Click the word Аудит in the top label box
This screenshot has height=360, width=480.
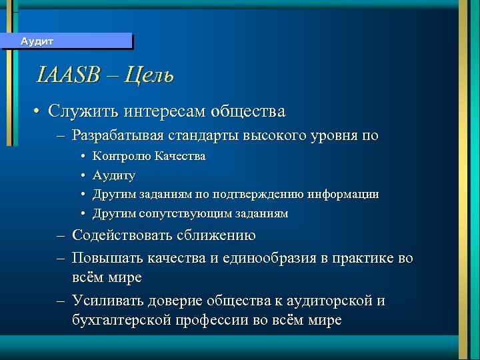click(x=37, y=41)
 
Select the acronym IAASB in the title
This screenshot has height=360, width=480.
click(x=67, y=75)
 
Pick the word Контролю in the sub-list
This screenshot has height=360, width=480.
click(x=122, y=157)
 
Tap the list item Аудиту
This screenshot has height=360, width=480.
click(x=114, y=176)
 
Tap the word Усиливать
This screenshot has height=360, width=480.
click(x=105, y=301)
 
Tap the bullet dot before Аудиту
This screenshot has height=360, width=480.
click(x=81, y=176)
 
